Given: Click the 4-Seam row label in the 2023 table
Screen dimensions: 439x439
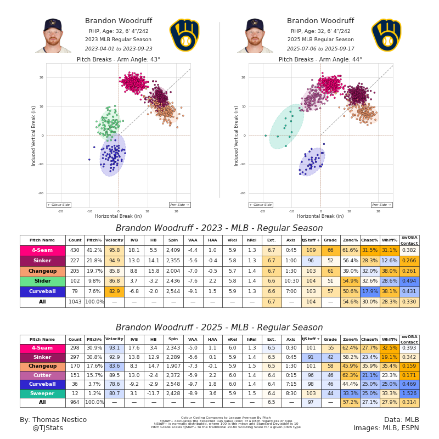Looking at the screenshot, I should (42, 250).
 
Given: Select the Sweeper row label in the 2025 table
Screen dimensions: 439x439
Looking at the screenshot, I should (42, 393).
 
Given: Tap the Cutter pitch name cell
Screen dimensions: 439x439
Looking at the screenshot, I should (42, 375).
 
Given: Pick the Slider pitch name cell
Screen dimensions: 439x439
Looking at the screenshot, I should (42, 281).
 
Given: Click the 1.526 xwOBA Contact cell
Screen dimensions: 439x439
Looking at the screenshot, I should (409, 393).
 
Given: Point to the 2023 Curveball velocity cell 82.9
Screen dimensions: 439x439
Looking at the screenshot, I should (114, 291).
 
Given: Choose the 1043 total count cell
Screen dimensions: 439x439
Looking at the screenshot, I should (75, 302).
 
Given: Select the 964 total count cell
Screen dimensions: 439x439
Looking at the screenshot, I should (75, 402).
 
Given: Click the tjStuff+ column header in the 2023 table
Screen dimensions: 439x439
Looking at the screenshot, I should (311, 240).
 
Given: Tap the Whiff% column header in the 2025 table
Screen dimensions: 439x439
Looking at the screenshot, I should (389, 340).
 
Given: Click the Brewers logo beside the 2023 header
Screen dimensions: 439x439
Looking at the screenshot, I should (184, 35).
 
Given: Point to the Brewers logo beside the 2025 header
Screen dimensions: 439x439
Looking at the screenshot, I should (386, 35).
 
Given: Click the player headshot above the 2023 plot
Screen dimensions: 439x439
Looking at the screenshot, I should (53, 36).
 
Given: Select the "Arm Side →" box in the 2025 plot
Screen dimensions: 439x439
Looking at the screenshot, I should (381, 205).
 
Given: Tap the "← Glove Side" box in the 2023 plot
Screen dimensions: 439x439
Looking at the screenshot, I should (59, 205).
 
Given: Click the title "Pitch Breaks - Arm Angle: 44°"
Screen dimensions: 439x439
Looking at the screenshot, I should (320, 59).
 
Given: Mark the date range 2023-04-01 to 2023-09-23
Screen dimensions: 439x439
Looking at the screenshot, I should (119, 48).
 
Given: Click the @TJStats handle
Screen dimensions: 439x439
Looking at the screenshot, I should (48, 428).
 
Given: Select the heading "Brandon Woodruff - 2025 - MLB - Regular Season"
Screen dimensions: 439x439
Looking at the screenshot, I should (219, 328).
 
